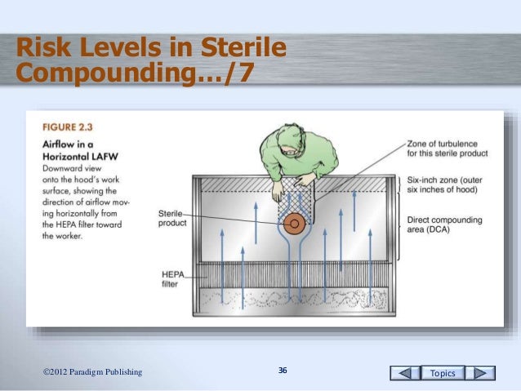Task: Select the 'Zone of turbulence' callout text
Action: click(x=447, y=148)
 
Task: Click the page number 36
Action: click(x=283, y=371)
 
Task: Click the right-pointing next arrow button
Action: click(x=483, y=373)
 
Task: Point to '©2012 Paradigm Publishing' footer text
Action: click(x=92, y=372)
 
